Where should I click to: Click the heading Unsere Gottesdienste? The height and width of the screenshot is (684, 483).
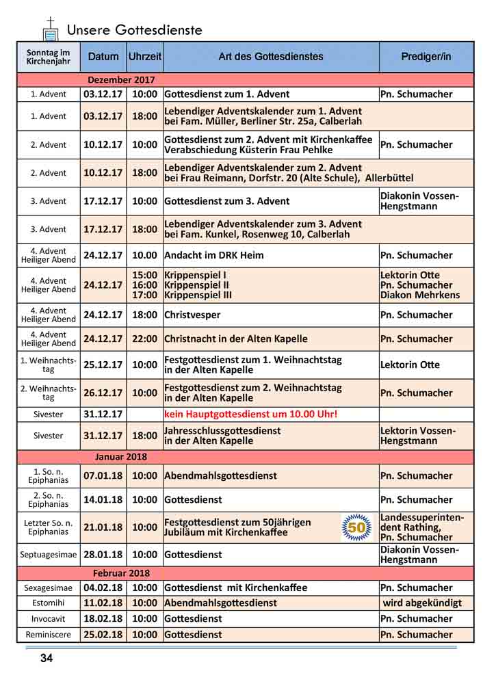[x=134, y=30]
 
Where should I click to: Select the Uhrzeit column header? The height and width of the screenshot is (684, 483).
[x=145, y=57]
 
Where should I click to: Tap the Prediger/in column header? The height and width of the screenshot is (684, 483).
[x=426, y=57]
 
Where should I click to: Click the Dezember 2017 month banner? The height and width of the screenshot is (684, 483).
[x=121, y=80]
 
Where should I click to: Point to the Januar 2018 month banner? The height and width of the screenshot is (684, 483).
[x=121, y=457]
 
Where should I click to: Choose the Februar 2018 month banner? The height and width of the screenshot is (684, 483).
[x=121, y=573]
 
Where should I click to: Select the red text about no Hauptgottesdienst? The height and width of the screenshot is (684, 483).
[x=250, y=415]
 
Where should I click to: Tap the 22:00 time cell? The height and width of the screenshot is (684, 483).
[x=145, y=339]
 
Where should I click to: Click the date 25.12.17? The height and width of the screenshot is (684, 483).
[x=103, y=365]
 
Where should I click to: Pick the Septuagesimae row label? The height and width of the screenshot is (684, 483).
[x=49, y=555]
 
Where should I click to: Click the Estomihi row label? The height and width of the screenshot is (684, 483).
[x=49, y=603]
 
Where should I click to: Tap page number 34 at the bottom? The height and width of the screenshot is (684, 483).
[x=47, y=659]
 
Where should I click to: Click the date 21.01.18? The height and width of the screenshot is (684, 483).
[x=103, y=527]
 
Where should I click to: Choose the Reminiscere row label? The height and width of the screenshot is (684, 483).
[x=49, y=635]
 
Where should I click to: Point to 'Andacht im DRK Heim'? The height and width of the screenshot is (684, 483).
[x=213, y=255]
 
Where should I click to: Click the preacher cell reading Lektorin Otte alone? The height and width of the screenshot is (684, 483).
[x=410, y=365]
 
